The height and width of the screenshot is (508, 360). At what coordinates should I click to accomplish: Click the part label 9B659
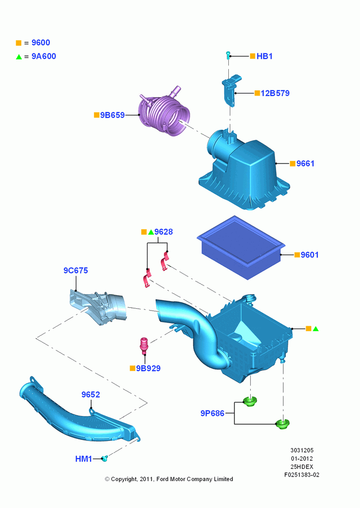112,115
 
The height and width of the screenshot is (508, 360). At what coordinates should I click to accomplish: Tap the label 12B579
275,93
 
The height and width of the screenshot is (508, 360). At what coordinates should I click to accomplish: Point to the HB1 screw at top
228,55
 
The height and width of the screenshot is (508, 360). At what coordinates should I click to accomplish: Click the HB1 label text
264,56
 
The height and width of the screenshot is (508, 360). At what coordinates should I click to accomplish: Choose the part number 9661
306,164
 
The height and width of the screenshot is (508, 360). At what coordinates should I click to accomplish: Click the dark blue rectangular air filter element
241,247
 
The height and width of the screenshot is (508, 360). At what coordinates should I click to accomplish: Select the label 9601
310,255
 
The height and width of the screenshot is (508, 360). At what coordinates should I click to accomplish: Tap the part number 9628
163,232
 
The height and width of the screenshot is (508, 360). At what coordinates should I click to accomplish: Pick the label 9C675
76,271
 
